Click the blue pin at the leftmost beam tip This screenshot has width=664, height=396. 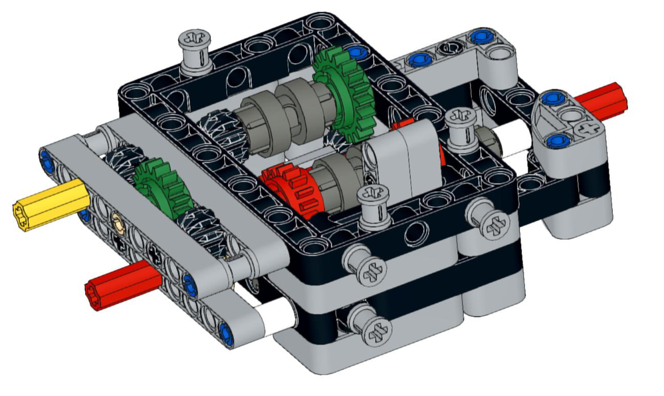(x=46, y=158)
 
